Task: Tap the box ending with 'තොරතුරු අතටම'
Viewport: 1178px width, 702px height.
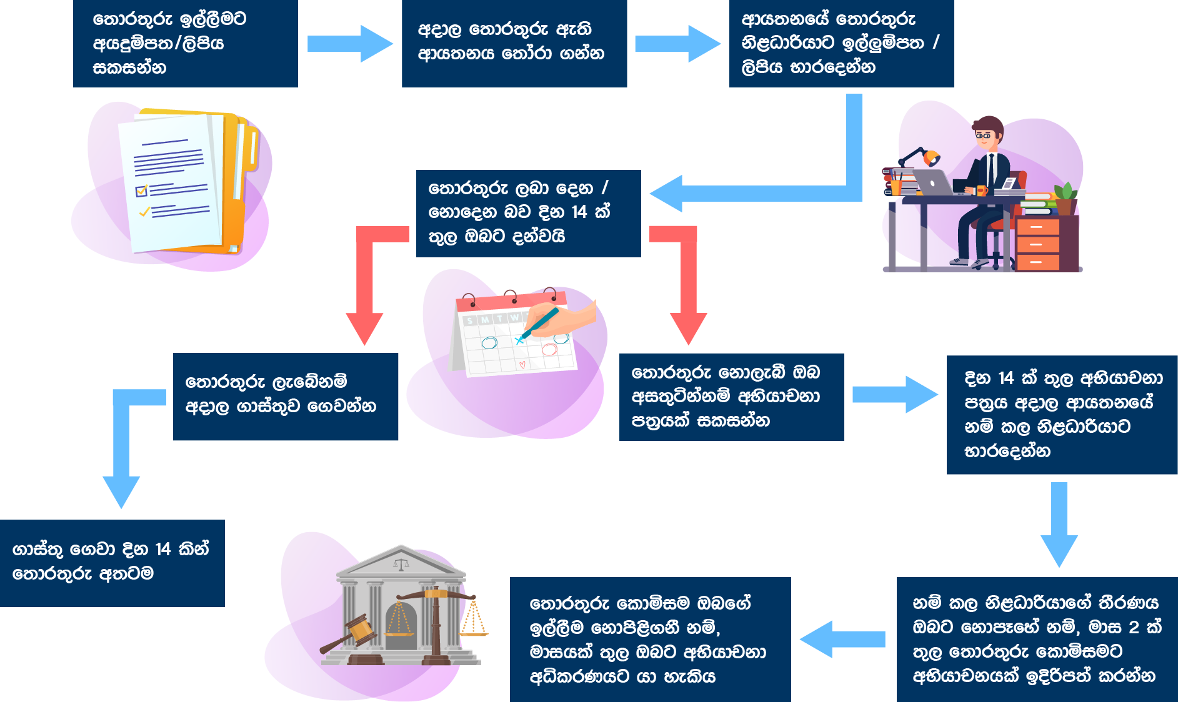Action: click(x=112, y=562)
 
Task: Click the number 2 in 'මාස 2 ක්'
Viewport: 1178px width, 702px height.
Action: click(x=1134, y=626)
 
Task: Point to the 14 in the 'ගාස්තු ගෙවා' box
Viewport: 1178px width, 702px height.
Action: click(x=163, y=550)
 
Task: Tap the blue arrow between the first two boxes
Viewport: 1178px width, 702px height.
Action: click(x=350, y=44)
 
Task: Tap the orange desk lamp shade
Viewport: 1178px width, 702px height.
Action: click(x=931, y=158)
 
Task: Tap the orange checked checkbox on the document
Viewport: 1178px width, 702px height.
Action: click(x=142, y=190)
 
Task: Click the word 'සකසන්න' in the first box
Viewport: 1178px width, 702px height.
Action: click(x=129, y=67)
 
